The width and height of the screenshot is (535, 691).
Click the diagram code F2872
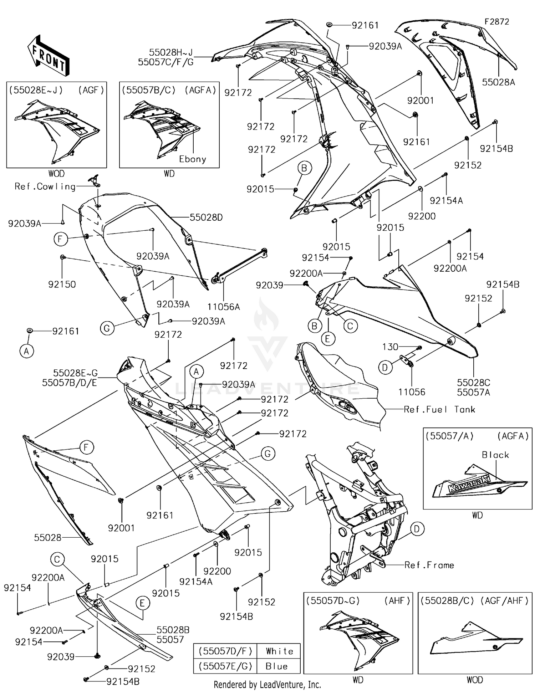[x=496, y=22]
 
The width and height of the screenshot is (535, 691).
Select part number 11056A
[x=224, y=307]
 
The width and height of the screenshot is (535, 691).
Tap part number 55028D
[x=206, y=217]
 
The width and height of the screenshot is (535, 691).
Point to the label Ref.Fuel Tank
[x=439, y=409]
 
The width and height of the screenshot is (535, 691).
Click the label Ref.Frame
[x=429, y=565]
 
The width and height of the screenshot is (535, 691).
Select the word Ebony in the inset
[x=193, y=159]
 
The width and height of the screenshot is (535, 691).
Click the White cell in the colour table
[x=279, y=651]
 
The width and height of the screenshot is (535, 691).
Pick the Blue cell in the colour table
[x=276, y=666]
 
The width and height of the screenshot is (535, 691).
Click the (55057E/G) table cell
[x=225, y=666]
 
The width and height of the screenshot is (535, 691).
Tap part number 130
[x=390, y=347]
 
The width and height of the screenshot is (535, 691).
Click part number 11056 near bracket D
[x=412, y=392]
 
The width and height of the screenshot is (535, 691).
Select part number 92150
[x=62, y=284]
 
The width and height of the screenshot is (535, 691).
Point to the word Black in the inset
[x=495, y=455]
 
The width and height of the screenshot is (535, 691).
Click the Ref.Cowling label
[x=45, y=186]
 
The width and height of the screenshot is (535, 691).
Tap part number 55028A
[x=498, y=82]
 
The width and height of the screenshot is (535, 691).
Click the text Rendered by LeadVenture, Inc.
[x=267, y=684]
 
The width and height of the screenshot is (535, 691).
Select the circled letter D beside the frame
[x=417, y=529]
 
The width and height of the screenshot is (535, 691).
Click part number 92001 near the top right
[x=421, y=101]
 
